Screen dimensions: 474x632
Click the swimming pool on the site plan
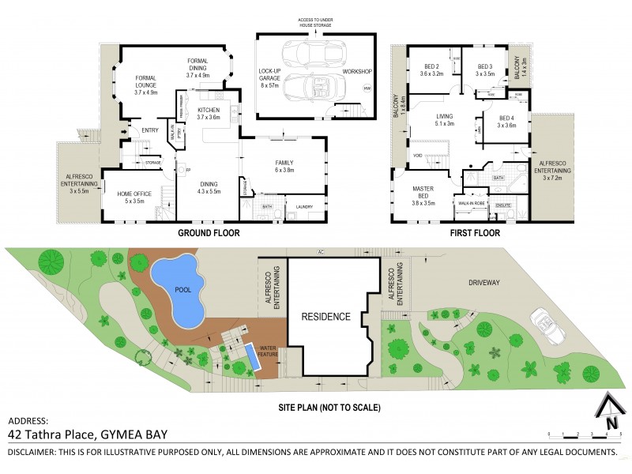(177, 290)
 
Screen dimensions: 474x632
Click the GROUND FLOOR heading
(208, 234)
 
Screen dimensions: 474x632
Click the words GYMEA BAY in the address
(145, 434)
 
